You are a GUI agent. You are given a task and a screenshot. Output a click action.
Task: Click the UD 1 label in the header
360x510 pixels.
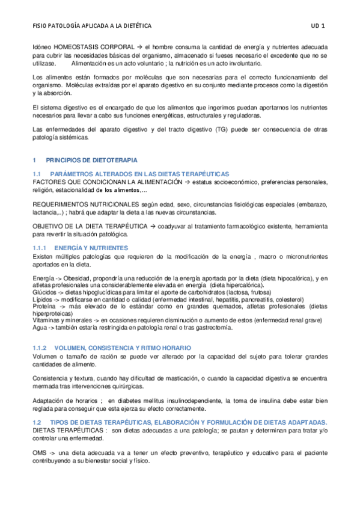pos(318,26)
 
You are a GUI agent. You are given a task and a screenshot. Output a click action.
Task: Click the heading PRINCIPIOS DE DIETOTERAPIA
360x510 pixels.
pos(91,160)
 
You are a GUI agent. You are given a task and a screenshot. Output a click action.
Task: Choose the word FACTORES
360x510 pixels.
pos(48,182)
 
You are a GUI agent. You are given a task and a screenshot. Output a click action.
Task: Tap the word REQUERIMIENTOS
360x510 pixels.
pos(58,205)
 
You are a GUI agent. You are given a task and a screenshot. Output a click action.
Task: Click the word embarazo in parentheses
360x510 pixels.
pos(311,205)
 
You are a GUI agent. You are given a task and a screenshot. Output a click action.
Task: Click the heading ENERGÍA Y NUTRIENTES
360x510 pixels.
pos(91,247)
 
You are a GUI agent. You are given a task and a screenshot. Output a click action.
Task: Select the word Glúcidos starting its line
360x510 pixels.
pos(44,292)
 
